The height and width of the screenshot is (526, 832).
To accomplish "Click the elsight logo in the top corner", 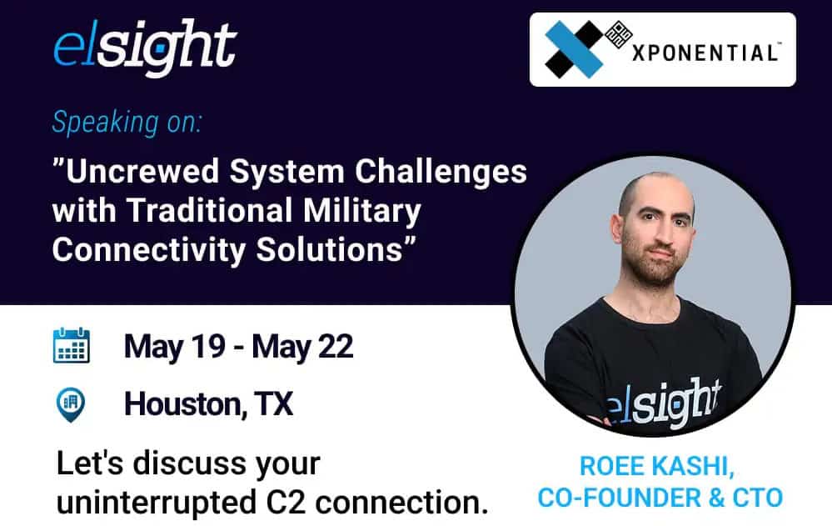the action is (144, 48).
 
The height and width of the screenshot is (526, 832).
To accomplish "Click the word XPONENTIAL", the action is (705, 53).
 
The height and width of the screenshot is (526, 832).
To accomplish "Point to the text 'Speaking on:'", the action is (127, 123).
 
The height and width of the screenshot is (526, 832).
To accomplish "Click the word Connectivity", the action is (149, 249).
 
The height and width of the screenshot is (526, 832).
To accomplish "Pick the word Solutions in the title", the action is (330, 249).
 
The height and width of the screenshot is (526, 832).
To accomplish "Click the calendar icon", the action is (72, 345).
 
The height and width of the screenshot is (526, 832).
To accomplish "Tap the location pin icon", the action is (71, 404).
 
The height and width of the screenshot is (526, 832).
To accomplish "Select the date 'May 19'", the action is (175, 348).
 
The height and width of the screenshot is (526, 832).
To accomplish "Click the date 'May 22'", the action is (302, 348).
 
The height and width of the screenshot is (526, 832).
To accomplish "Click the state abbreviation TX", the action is (273, 403).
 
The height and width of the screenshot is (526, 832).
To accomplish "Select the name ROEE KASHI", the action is (657, 467).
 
